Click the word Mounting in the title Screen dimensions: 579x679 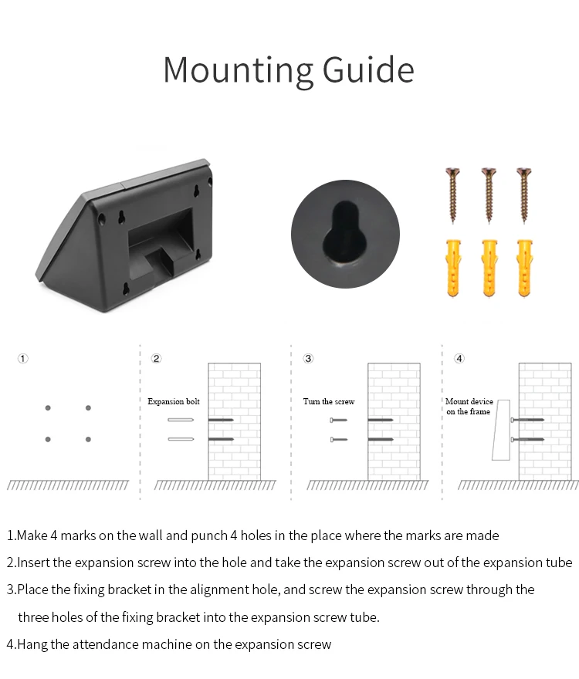[238, 70]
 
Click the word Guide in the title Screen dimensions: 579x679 [368, 69]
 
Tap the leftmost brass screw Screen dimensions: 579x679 [453, 195]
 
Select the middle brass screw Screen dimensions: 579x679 [489, 195]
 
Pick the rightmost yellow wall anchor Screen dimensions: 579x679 [524, 268]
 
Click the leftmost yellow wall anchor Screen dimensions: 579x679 [453, 268]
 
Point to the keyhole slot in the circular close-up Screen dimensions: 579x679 [344, 234]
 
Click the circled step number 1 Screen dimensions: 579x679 [23, 359]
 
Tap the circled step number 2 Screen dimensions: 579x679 [156, 359]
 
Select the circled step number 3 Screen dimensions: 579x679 [308, 359]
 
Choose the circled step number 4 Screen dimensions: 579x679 [459, 359]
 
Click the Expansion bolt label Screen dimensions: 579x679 [174, 401]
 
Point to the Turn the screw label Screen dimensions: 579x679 [329, 401]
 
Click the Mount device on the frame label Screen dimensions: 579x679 [469, 406]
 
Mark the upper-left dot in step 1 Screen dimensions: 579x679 [48, 408]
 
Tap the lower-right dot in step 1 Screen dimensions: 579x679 [89, 439]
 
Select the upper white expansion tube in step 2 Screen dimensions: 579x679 [181, 420]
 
